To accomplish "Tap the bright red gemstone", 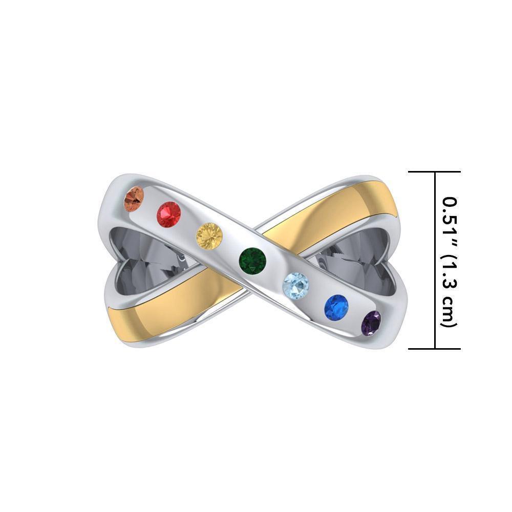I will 168,214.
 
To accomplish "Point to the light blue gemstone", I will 296,284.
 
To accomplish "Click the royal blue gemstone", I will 336,307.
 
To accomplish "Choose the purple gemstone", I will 371,323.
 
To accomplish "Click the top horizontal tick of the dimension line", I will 435,172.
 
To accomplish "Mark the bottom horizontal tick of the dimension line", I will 435,349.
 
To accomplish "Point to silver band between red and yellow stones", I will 188,224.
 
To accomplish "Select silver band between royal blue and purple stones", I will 355,316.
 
